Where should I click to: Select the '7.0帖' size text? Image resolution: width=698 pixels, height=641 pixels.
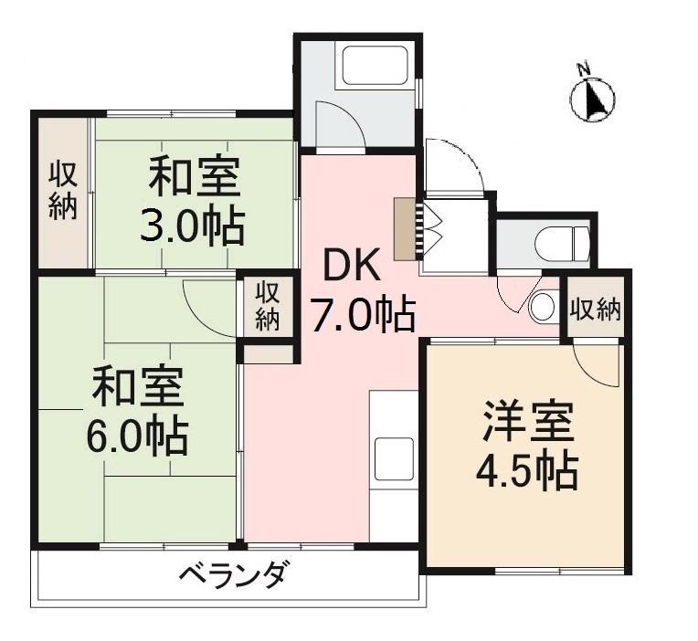[x=363, y=315]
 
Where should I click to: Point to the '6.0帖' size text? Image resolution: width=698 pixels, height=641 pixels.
[x=138, y=436]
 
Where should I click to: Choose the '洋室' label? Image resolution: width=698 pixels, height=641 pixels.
[x=528, y=423]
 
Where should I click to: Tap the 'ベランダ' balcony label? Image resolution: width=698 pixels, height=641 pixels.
[x=232, y=576]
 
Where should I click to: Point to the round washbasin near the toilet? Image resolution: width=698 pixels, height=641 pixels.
[x=543, y=306]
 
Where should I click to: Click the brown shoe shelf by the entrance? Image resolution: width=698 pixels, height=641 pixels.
[x=404, y=227]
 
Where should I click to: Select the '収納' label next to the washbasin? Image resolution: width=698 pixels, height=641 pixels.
[x=596, y=310]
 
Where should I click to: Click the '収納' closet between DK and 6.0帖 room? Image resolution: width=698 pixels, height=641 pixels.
[x=266, y=306]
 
